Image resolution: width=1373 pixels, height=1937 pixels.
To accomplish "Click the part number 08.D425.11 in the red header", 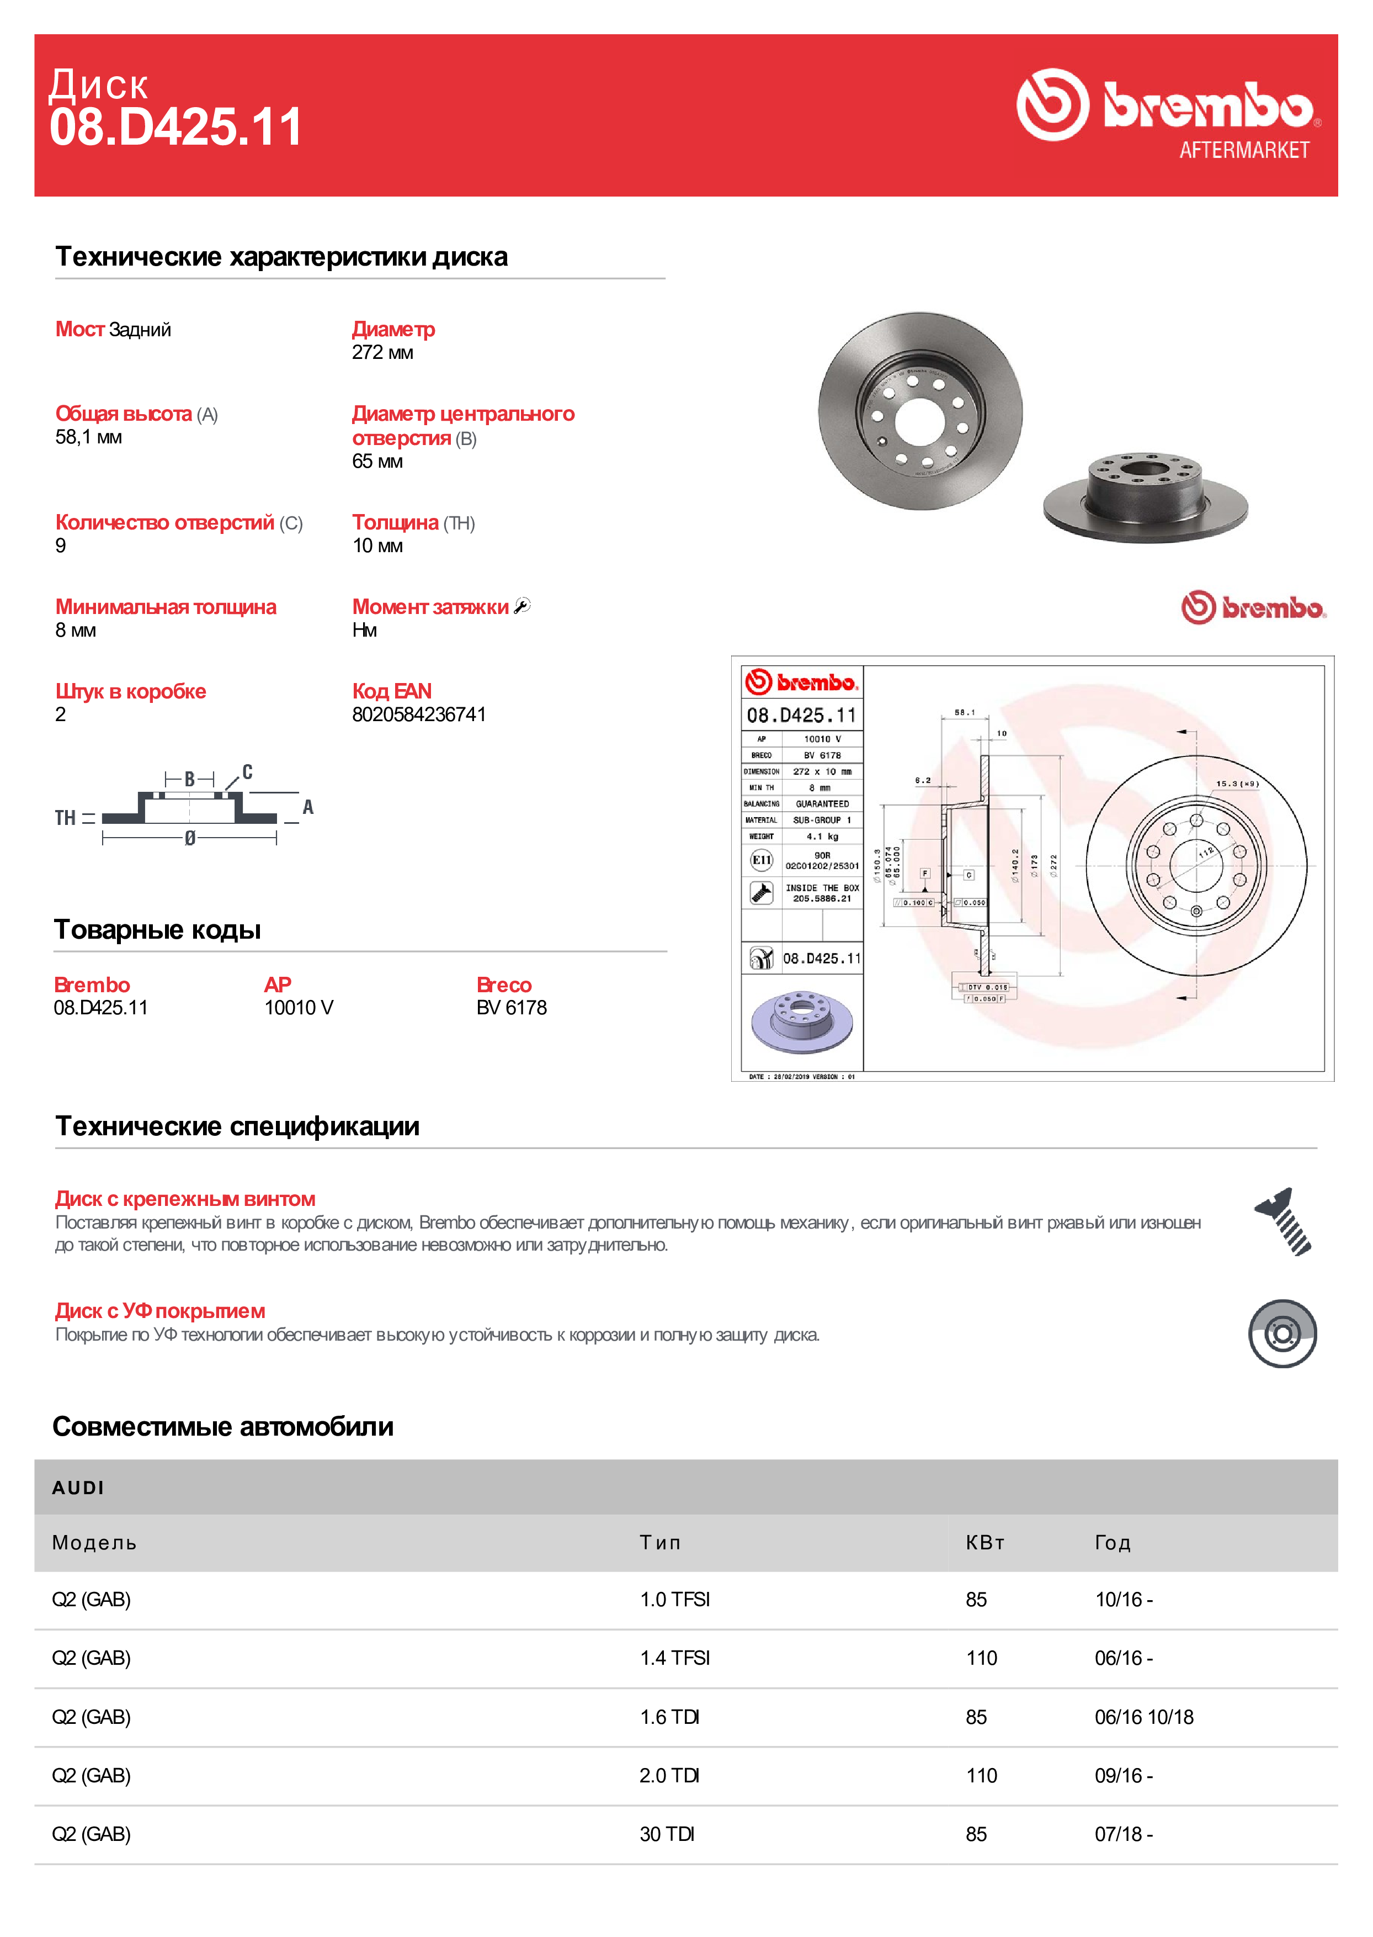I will point(176,128).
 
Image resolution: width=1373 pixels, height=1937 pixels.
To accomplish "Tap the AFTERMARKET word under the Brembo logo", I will point(1244,151).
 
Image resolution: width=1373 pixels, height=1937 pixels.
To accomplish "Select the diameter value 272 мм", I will point(382,353).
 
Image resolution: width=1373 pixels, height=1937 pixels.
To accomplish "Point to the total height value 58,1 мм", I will point(89,437).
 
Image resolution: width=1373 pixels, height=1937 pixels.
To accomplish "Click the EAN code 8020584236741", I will point(418,715).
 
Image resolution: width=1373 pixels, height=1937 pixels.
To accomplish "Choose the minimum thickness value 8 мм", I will point(75,630).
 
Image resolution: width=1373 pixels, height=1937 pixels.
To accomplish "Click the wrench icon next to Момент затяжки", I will point(523,606).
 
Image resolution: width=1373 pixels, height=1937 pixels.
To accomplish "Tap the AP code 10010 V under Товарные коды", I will point(299,1007).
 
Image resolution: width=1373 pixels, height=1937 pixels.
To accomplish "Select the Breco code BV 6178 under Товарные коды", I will point(512,1007).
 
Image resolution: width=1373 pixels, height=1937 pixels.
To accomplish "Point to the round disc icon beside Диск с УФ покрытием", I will point(1282,1334).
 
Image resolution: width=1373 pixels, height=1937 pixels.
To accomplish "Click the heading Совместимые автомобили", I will point(223,1427).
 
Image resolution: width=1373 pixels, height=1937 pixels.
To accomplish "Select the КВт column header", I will point(985,1543).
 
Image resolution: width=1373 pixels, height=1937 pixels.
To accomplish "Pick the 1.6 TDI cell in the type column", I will point(669,1717).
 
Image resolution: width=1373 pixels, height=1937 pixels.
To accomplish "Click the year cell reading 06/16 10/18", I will point(1144,1717).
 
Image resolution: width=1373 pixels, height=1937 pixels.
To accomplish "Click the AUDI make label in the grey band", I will point(78,1488).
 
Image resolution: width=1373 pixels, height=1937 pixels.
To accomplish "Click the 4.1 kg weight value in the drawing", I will point(822,837).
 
